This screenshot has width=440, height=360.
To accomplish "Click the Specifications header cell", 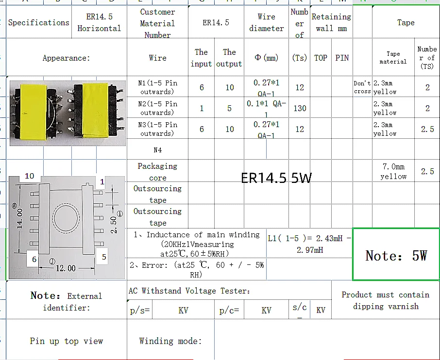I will pyautogui.click(x=39, y=22).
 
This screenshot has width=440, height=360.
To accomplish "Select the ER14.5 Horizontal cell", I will pyautogui.click(x=99, y=22).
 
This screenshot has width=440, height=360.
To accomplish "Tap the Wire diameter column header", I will pyautogui.click(x=266, y=22).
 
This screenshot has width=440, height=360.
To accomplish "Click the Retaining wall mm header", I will pyautogui.click(x=331, y=22).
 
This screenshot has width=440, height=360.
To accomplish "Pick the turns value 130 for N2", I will pyautogui.click(x=300, y=108).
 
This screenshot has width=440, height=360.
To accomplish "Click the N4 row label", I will pyautogui.click(x=157, y=149).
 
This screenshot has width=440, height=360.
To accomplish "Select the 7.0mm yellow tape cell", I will pyautogui.click(x=393, y=171).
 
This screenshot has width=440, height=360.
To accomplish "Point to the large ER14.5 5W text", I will pyautogui.click(x=276, y=178).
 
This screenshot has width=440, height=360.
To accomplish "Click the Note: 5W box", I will pyautogui.click(x=396, y=255).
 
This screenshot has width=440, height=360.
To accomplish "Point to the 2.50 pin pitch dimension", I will pyautogui.click(x=113, y=225).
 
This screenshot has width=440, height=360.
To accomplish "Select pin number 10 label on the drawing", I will pyautogui.click(x=30, y=176).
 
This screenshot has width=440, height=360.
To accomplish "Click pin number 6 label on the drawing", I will pyautogui.click(x=34, y=259).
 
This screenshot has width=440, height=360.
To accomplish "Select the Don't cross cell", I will pyautogui.click(x=362, y=87).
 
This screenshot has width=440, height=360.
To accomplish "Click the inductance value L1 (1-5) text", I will pyautogui.click(x=309, y=244).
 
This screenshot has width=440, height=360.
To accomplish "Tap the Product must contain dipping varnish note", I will pyautogui.click(x=385, y=300).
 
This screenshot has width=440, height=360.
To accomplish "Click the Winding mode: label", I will pyautogui.click(x=170, y=341).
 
